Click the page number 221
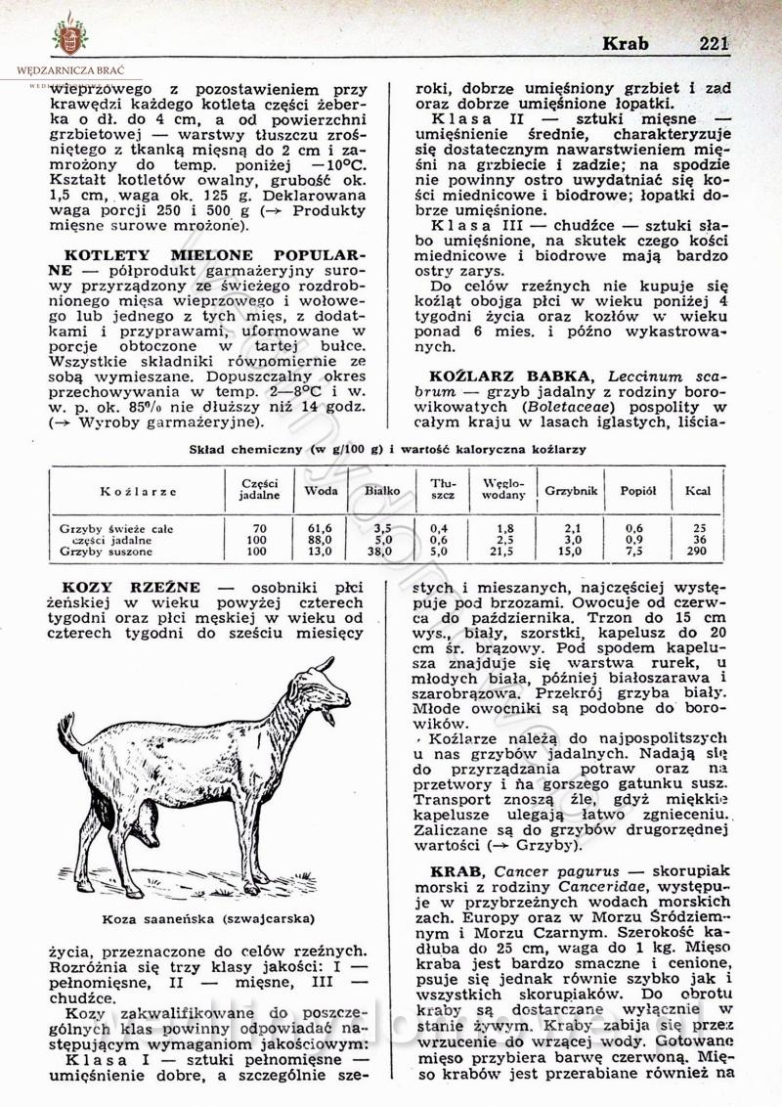click(x=715, y=43)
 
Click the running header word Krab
click(x=625, y=43)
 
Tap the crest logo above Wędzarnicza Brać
click(x=69, y=35)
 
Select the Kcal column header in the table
click(x=697, y=488)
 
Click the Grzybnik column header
click(x=571, y=488)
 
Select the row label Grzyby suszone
click(x=103, y=552)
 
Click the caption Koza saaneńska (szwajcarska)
click(x=208, y=918)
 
